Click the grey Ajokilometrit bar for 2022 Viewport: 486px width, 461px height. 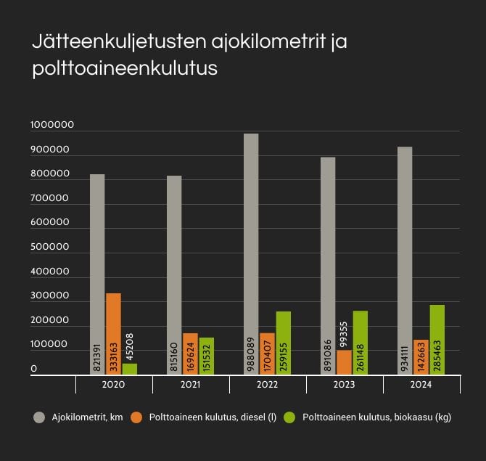pyautogui.click(x=251, y=254)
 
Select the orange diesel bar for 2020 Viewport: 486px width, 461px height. pyautogui.click(x=113, y=334)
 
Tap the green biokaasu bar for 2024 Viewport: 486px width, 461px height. pyautogui.click(x=437, y=339)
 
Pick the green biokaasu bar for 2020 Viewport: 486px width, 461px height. pyautogui.click(x=129, y=369)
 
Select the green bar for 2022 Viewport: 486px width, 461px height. pyautogui.click(x=283, y=343)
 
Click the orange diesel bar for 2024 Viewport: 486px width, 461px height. pyautogui.click(x=421, y=356)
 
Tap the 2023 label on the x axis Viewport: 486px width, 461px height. pyautogui.click(x=344, y=385)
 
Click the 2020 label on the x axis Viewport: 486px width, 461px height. pyautogui.click(x=114, y=385)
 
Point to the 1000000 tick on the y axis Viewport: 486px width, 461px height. pyautogui.click(x=52, y=125)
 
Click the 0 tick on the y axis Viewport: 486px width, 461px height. pyautogui.click(x=34, y=370)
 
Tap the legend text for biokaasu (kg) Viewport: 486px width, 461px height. pyautogui.click(x=376, y=417)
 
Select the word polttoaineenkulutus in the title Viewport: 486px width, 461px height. pyautogui.click(x=125, y=70)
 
